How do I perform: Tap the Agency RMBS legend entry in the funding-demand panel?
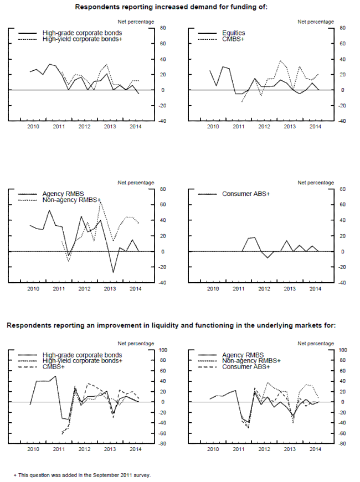60,194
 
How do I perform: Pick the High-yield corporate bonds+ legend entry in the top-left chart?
83,39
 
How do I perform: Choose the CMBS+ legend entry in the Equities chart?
233,39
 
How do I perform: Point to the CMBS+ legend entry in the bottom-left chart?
55,367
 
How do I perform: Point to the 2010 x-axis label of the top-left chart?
33,127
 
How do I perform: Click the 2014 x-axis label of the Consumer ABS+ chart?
315,289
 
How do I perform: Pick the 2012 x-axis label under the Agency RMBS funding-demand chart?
84,289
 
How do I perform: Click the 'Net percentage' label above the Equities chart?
316,22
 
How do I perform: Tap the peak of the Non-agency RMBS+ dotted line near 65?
100,201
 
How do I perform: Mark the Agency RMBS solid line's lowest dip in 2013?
114,272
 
